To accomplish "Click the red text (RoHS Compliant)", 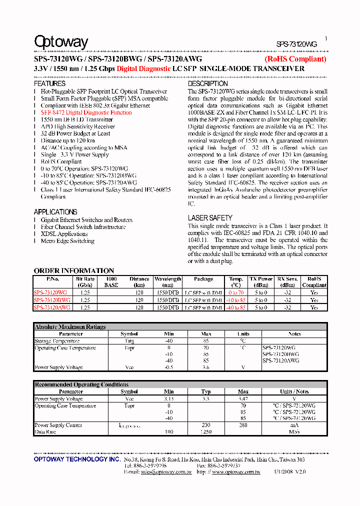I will tap(295, 59).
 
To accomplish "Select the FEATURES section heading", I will tap(49, 84).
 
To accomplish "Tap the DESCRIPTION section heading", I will tap(207, 84).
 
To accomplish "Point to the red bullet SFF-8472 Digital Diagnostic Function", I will tap(86, 113).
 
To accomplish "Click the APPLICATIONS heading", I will tap(55, 212).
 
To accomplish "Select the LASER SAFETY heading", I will tap(210, 218).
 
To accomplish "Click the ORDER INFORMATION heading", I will tap(74, 270).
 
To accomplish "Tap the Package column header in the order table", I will tap(203, 279).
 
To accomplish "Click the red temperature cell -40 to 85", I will tap(236, 307).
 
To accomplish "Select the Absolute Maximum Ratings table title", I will tap(70, 327).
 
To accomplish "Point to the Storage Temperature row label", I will tap(57, 341).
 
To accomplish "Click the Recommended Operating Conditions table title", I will tap(81, 384).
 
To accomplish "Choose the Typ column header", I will tap(206, 391).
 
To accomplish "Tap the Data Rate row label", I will tap(45, 431).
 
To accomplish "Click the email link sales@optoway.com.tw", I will tap(166, 471).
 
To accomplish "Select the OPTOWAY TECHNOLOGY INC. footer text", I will tap(76, 459).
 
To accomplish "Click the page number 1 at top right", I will tap(326, 38).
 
